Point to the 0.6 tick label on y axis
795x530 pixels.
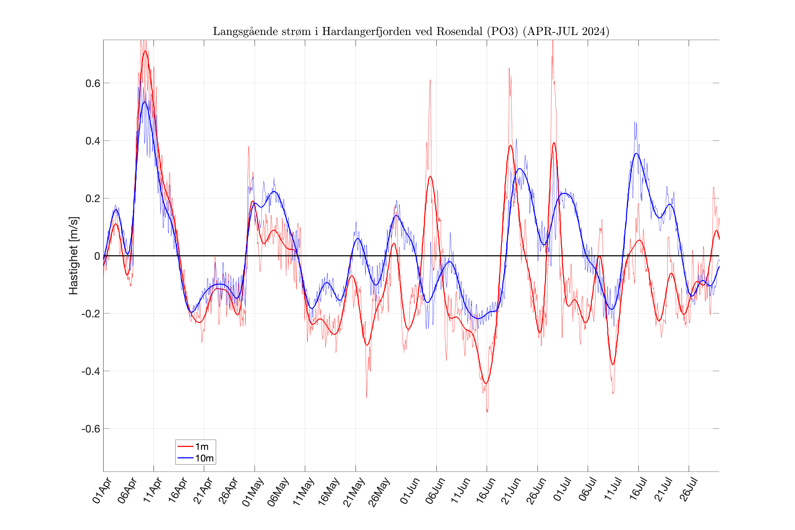[x=93, y=83]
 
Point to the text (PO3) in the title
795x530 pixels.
[x=502, y=31]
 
